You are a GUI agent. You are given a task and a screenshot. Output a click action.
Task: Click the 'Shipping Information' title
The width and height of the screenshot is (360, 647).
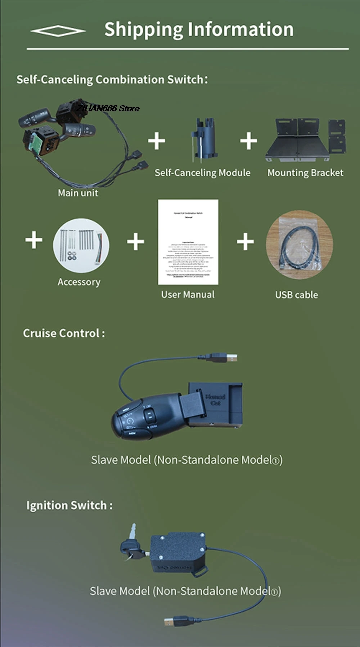pyautogui.click(x=199, y=30)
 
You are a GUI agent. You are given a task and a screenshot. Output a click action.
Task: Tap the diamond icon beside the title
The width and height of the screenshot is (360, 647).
pyautogui.click(x=58, y=31)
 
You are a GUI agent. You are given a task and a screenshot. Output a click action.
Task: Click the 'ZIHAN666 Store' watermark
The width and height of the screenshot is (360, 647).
pyautogui.click(x=108, y=108)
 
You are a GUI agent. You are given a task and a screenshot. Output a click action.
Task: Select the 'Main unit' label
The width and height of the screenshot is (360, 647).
pyautogui.click(x=78, y=193)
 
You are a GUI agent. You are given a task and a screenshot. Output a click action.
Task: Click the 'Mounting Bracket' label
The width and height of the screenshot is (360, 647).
pyautogui.click(x=305, y=173)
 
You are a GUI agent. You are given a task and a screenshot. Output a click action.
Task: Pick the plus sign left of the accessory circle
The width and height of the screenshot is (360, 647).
pyautogui.click(x=34, y=240)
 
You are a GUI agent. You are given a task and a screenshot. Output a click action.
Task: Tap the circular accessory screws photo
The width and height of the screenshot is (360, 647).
pyautogui.click(x=81, y=245)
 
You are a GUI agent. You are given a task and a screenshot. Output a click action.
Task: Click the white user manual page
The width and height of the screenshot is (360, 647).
pyautogui.click(x=188, y=242)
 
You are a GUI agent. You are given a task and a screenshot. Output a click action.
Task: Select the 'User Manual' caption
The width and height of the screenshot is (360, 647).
pyautogui.click(x=188, y=295)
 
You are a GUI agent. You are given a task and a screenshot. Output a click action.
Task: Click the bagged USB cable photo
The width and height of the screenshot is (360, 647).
pyautogui.click(x=299, y=245)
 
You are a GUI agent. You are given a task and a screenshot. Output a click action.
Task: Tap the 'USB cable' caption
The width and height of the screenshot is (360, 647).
pyautogui.click(x=296, y=295)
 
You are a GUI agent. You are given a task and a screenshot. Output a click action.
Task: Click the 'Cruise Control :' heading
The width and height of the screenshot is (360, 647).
pyautogui.click(x=64, y=333)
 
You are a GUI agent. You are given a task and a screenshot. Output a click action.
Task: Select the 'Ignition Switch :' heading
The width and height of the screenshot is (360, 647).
pyautogui.click(x=69, y=505)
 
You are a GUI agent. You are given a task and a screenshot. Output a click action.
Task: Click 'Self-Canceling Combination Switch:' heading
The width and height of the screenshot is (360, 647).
pyautogui.click(x=112, y=79)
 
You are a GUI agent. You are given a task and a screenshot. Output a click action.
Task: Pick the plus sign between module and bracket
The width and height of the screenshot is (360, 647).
pyautogui.click(x=249, y=140)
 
